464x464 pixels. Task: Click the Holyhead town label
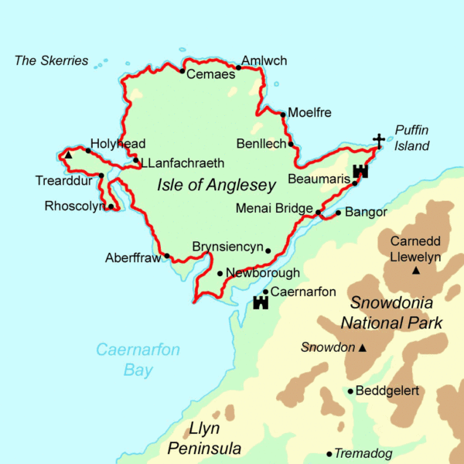(x=118, y=144)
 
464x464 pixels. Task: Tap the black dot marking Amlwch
(x=239, y=67)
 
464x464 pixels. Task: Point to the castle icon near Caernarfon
(x=260, y=302)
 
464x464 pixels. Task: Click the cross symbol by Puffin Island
(x=378, y=140)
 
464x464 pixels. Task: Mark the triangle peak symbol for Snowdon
(x=362, y=348)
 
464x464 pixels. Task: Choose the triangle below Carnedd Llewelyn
(x=416, y=271)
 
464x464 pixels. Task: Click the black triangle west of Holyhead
(x=69, y=155)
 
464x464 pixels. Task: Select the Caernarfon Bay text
(x=138, y=360)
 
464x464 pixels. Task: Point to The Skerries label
(x=52, y=60)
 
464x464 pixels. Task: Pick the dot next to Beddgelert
(x=350, y=391)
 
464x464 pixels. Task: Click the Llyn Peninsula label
(x=205, y=438)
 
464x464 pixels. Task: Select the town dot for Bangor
(x=338, y=213)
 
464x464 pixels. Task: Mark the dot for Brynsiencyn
(x=268, y=251)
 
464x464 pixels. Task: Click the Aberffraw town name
(x=132, y=258)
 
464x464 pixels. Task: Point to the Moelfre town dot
(x=283, y=114)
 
